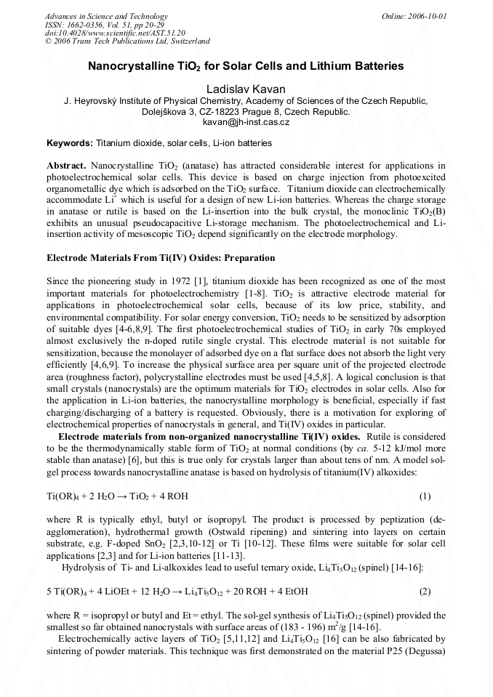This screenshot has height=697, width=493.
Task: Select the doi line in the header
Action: (115, 33)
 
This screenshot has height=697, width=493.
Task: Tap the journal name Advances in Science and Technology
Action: (106, 16)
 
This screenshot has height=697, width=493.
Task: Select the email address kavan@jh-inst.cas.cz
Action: (246, 123)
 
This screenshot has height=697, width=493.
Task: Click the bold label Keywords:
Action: (70, 144)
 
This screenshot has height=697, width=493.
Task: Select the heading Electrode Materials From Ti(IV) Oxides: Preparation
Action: (161, 258)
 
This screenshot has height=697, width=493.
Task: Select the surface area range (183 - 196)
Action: (300, 627)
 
